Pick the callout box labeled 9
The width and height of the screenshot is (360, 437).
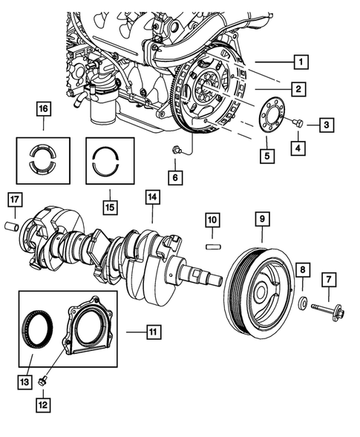[x=262, y=219]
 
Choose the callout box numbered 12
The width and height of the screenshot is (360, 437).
[x=45, y=404]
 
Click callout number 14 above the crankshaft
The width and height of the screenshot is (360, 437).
[x=151, y=197]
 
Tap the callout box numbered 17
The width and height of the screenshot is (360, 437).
[x=13, y=199]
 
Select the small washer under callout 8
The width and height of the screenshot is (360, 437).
[x=302, y=303]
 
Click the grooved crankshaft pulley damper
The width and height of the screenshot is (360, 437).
[x=256, y=286]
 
